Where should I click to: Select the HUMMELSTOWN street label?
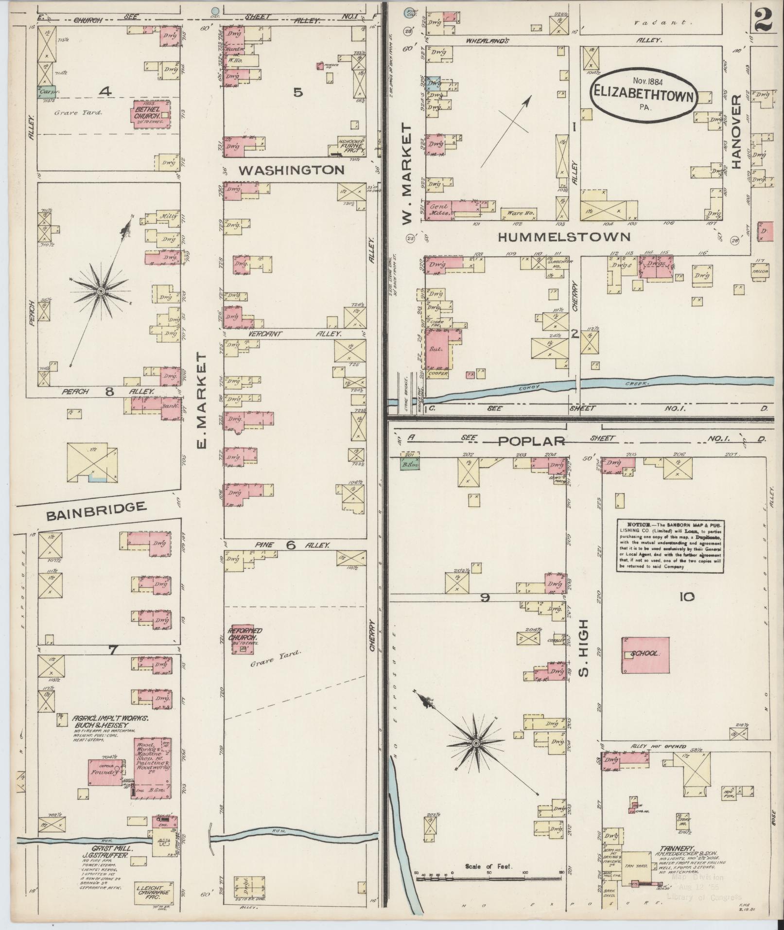(564, 237)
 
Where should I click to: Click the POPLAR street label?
(531, 441)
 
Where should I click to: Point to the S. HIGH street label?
(584, 648)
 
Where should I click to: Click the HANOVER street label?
(734, 132)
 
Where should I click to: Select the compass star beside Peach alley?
(100, 291)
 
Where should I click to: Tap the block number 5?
(297, 92)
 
